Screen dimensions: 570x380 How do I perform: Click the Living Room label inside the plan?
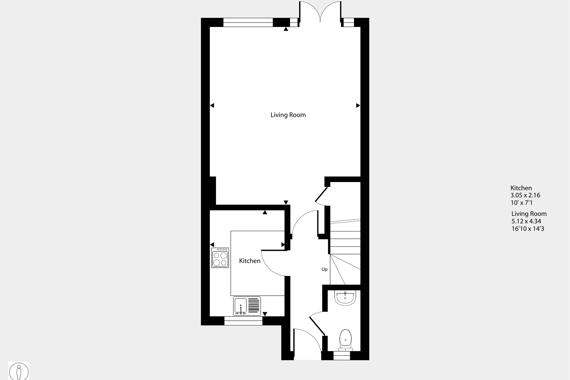click(x=288, y=115)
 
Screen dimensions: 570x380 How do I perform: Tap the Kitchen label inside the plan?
click(x=249, y=261)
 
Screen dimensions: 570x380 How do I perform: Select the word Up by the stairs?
click(x=324, y=269)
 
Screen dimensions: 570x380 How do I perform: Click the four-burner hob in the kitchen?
click(x=220, y=258)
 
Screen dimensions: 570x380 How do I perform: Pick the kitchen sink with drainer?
click(x=247, y=306)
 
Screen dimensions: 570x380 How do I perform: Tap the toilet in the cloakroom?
click(x=345, y=340)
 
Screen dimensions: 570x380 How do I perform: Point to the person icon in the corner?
click(x=19, y=371)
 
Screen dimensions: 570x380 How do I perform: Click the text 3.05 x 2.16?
click(x=525, y=195)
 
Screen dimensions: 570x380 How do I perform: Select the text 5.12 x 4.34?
click(x=526, y=221)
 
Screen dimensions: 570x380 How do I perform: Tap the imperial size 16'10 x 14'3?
click(x=528, y=228)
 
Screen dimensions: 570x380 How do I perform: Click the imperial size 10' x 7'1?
click(x=521, y=203)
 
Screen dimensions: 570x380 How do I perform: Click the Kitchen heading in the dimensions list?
click(x=521, y=188)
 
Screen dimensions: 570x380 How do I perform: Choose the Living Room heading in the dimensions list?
click(x=529, y=214)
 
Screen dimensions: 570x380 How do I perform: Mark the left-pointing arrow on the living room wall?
click(x=212, y=105)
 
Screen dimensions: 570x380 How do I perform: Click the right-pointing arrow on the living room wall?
click(x=358, y=105)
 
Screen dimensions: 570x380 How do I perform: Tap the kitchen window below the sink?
click(x=243, y=321)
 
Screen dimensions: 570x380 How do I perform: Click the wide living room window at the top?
click(x=248, y=22)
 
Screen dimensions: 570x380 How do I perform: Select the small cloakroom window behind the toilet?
click(x=342, y=356)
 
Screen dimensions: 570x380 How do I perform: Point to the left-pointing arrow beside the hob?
click(x=212, y=245)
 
